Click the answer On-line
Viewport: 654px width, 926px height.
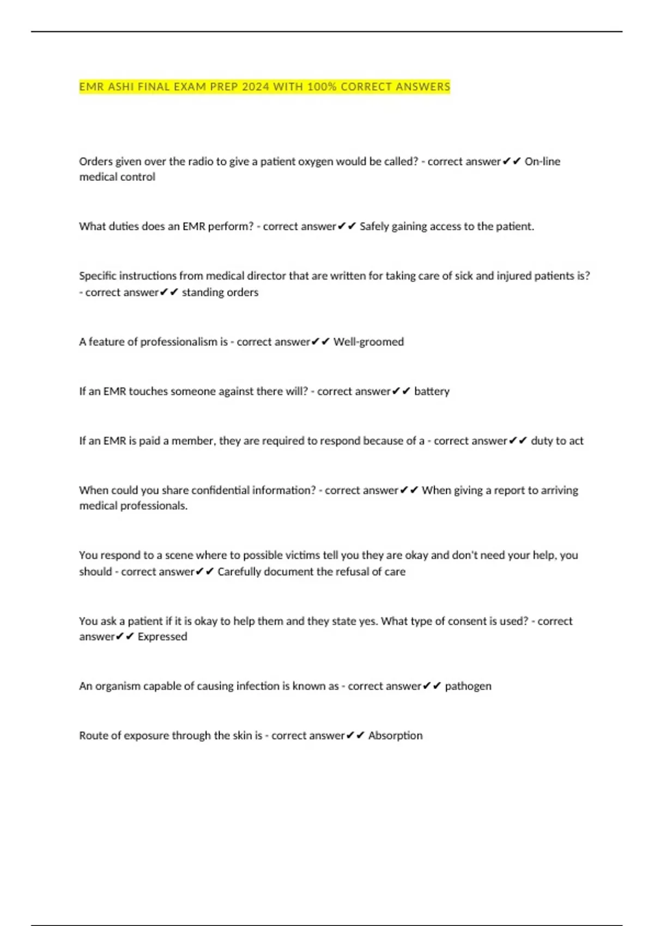(542, 161)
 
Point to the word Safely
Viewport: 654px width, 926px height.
(374, 226)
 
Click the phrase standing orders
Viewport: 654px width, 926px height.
(220, 292)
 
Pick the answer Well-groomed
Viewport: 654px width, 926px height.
(368, 342)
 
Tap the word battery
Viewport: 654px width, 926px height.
(432, 391)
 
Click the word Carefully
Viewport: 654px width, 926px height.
(239, 571)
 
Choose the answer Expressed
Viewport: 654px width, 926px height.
(162, 636)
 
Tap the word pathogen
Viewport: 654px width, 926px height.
(468, 686)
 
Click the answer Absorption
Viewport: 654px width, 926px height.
(395, 735)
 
